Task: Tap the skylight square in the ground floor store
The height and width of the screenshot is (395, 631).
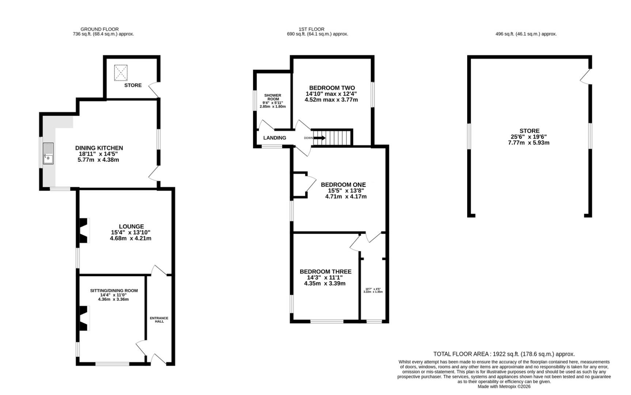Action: (x=121, y=72)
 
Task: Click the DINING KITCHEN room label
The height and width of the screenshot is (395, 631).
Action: (x=99, y=148)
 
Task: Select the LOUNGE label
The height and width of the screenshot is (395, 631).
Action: (x=131, y=226)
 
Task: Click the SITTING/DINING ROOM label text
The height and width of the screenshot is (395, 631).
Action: (x=114, y=291)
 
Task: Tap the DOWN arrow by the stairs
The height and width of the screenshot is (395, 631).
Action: (x=318, y=138)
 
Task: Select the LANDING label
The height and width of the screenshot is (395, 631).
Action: (x=275, y=138)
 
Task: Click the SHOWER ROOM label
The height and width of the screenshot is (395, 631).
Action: (x=273, y=97)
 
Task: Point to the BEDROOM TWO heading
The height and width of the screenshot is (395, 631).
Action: (x=332, y=88)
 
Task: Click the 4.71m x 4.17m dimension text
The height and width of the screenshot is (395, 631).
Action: (x=346, y=196)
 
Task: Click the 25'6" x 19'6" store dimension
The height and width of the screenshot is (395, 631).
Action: (x=529, y=137)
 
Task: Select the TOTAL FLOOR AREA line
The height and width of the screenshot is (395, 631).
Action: (x=504, y=354)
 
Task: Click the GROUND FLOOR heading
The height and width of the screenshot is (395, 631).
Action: (x=99, y=29)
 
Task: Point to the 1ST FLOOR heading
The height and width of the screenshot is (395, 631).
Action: (x=311, y=29)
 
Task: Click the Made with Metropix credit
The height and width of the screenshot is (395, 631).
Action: (x=504, y=386)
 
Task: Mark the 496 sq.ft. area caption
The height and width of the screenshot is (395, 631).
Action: (x=526, y=34)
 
